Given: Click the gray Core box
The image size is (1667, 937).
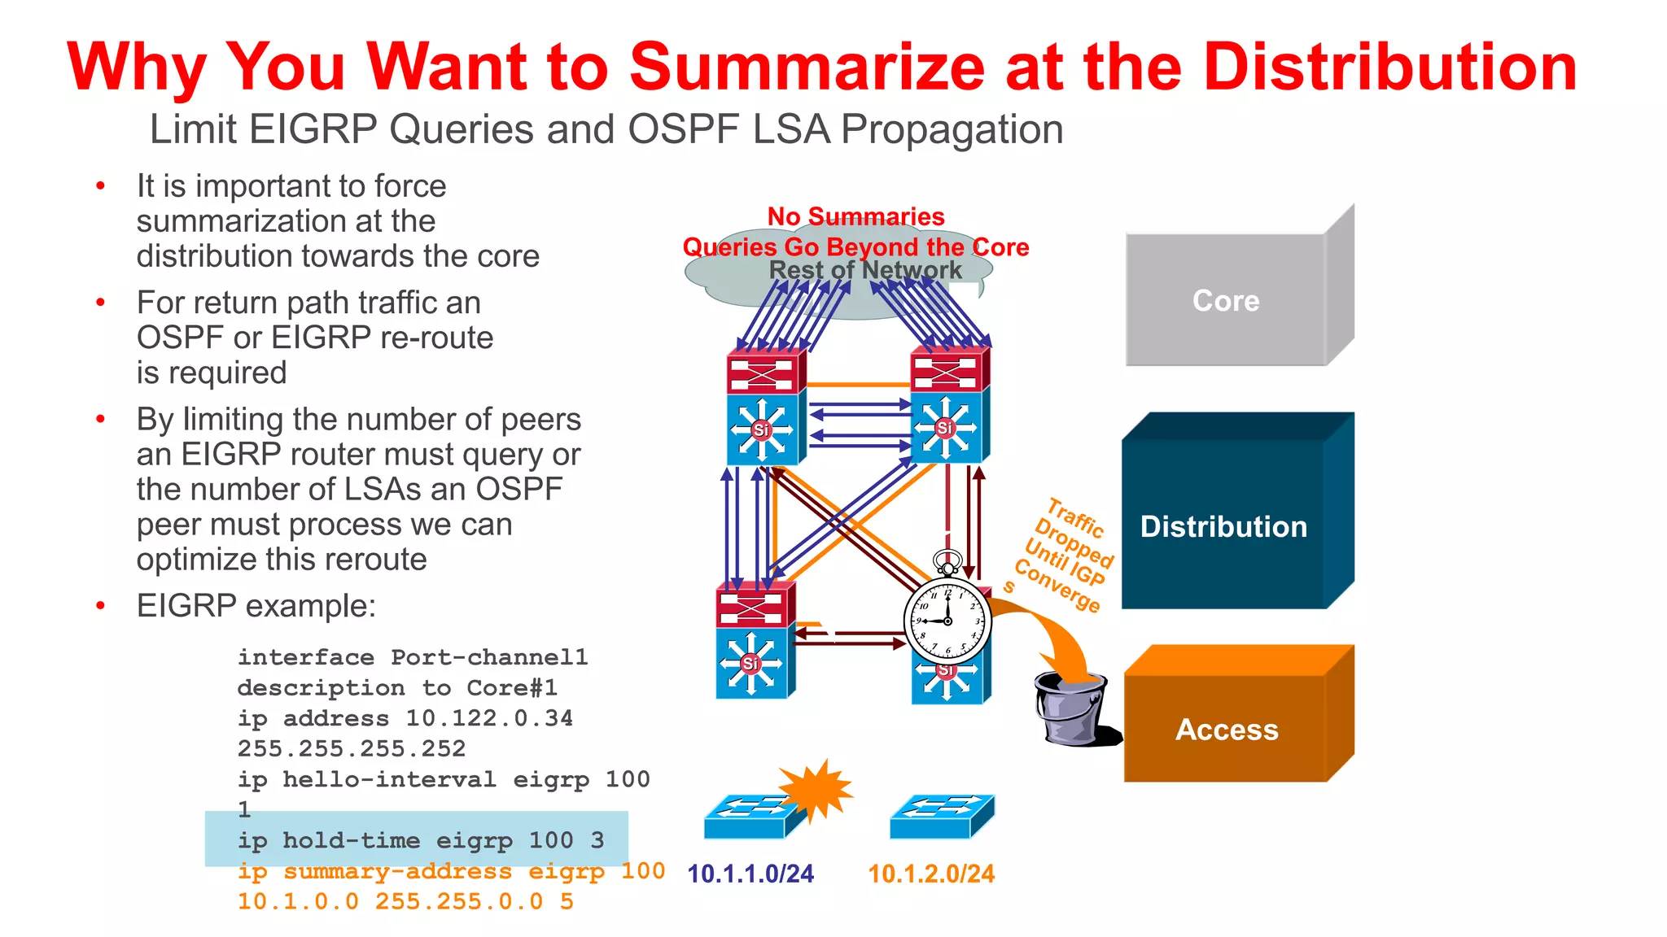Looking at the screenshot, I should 1226,301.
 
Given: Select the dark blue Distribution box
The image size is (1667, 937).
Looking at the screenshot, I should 1223,526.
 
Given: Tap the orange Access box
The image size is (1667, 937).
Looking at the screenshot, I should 1227,730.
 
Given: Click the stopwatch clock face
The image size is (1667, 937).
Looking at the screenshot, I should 947,621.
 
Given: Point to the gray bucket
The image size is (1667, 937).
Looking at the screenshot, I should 1071,708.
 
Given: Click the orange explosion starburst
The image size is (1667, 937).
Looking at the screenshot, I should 816,790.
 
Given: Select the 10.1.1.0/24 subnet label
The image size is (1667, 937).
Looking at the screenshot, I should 750,874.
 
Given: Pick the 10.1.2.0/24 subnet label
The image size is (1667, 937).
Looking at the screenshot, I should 931,874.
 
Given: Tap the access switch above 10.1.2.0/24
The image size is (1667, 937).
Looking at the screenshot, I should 942,816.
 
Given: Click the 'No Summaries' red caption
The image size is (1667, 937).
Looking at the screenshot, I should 855,216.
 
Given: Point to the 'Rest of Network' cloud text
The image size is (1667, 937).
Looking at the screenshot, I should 865,270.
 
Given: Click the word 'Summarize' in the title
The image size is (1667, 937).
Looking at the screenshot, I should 807,67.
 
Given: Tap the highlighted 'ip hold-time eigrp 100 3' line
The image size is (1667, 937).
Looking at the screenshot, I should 421,840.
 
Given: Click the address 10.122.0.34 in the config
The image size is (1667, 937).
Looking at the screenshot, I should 489,718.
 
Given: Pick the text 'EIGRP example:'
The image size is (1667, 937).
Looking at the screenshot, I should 256,606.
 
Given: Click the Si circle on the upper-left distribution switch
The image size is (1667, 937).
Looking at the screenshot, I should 761,429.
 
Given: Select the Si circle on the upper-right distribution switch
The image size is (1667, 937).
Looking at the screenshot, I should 945,428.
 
